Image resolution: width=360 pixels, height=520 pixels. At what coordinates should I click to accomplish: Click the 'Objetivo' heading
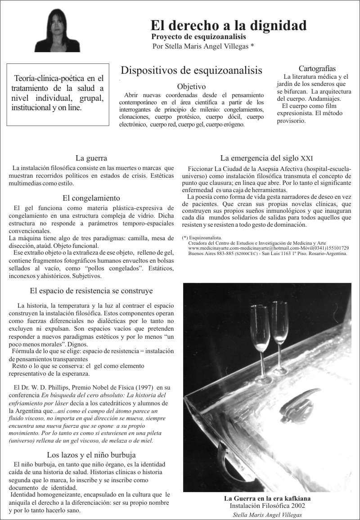[x=191, y=86]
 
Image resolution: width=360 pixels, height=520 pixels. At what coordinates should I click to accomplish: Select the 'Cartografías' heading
[x=317, y=68]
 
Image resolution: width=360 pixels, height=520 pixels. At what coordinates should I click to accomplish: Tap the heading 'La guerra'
[x=91, y=158]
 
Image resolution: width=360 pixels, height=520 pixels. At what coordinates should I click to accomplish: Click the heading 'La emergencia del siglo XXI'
[x=266, y=158]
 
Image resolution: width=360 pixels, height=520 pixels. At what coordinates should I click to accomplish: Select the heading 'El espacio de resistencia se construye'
[x=91, y=291]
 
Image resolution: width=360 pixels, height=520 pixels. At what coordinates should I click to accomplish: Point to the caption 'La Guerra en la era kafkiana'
[x=267, y=498]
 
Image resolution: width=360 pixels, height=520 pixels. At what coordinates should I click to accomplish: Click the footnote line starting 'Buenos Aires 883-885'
[x=268, y=253]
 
